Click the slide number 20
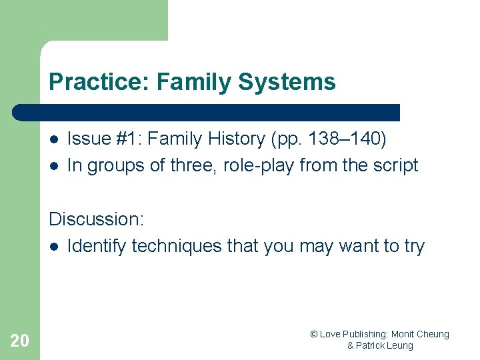(20, 341)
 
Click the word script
(395, 165)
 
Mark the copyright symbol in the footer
(314, 334)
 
